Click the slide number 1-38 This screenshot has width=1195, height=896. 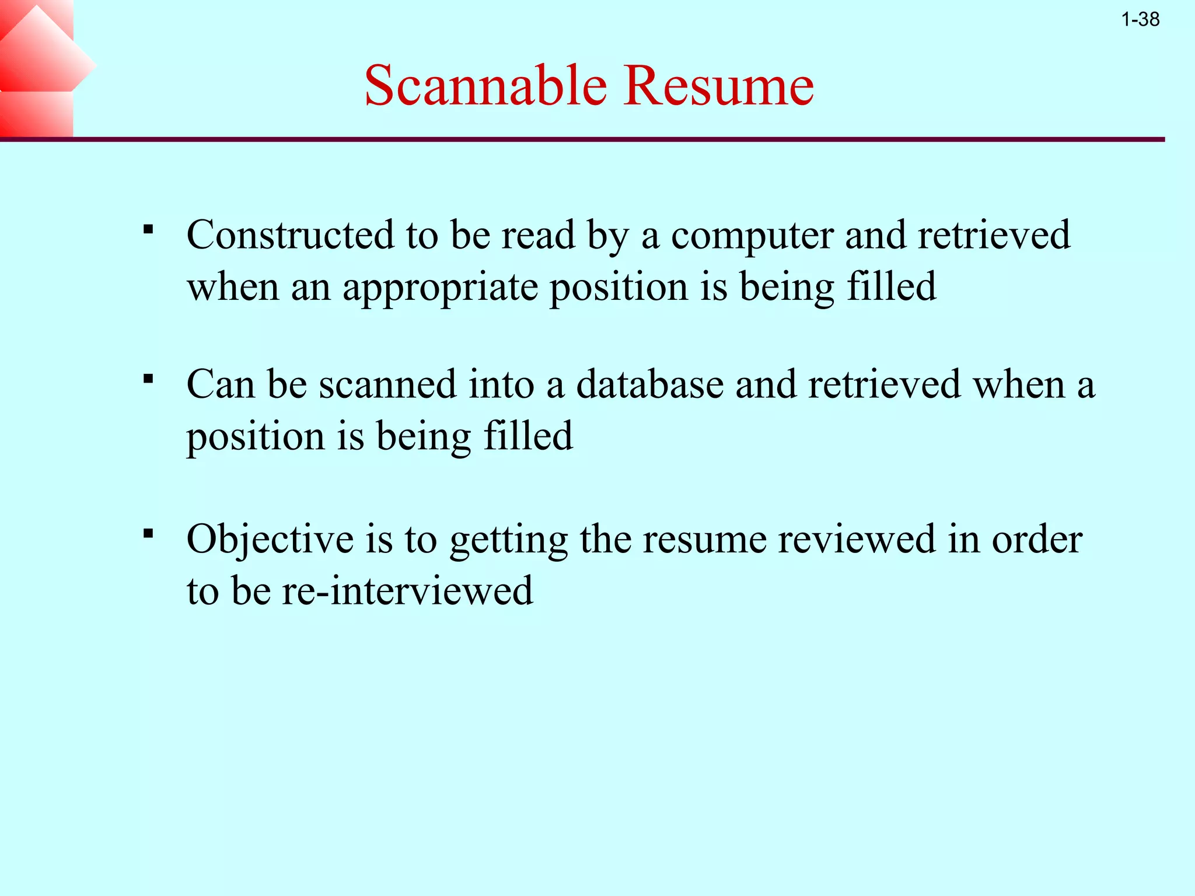(1140, 20)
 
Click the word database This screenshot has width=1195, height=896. (650, 384)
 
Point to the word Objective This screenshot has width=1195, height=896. (270, 540)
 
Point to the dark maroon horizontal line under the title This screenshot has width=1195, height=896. (583, 139)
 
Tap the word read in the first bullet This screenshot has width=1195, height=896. (539, 235)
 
